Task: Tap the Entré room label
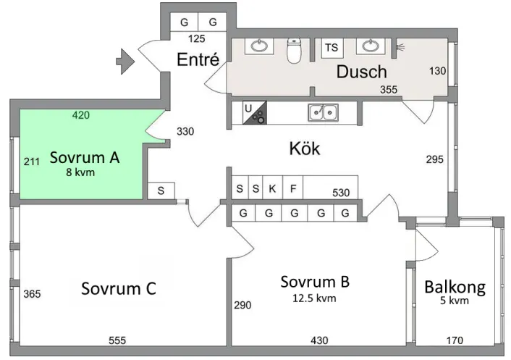click(198, 59)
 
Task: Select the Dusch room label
click(361, 72)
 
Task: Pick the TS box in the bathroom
click(331, 48)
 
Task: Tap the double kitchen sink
click(322, 112)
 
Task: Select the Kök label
click(304, 148)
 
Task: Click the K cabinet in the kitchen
click(272, 188)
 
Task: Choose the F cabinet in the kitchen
click(293, 188)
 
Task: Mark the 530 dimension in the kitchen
click(341, 193)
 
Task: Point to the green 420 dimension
click(82, 114)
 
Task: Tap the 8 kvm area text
click(80, 172)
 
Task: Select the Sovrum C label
click(119, 288)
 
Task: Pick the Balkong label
click(455, 287)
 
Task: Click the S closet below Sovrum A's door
click(161, 191)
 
